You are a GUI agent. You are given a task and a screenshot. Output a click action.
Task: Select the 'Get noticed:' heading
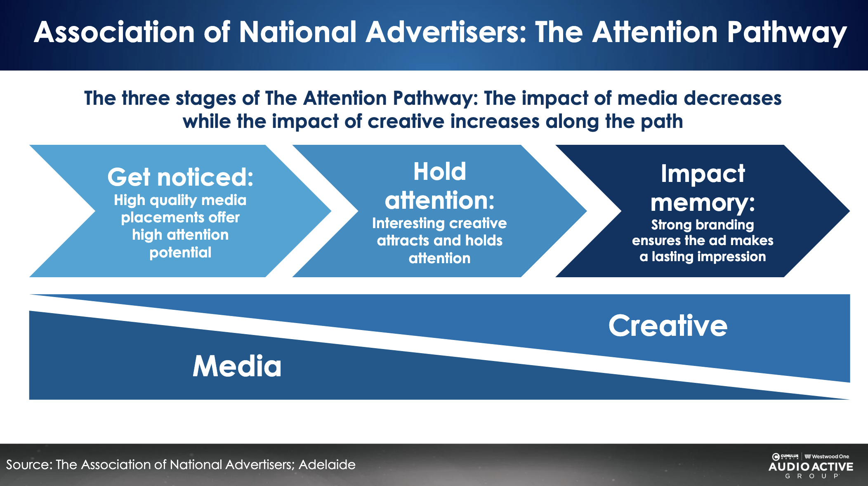click(180, 177)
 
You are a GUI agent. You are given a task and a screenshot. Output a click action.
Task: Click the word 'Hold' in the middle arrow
click(440, 172)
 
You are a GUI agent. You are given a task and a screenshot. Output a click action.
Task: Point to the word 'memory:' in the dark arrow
click(703, 203)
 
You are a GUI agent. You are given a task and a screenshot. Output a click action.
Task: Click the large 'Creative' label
click(668, 326)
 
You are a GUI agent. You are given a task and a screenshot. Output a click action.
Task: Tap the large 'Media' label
click(237, 366)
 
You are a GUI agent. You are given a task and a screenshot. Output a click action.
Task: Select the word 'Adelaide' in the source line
click(327, 465)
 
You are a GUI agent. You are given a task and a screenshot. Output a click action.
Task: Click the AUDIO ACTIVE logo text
click(811, 467)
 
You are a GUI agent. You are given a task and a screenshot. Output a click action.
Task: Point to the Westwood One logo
click(827, 456)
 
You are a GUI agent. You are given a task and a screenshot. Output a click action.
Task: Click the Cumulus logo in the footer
click(785, 456)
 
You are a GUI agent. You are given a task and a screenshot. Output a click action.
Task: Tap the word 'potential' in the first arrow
click(180, 252)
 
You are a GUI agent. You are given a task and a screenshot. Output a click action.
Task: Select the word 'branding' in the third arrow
click(724, 225)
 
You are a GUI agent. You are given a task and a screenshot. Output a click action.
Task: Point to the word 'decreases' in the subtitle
click(732, 99)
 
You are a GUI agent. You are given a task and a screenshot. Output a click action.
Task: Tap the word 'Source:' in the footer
click(29, 465)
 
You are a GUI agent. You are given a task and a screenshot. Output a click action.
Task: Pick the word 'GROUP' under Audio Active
click(811, 476)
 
